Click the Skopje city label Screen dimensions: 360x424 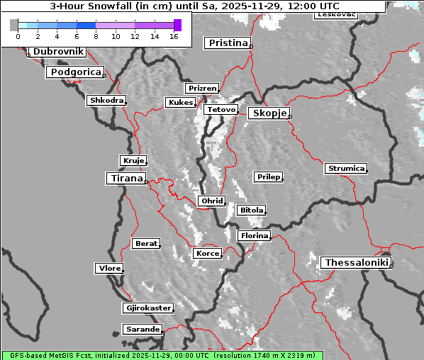coord(269,113)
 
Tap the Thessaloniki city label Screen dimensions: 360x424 coord(356,263)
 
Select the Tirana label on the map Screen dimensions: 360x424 coord(125,179)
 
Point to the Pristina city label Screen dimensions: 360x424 coord(228,43)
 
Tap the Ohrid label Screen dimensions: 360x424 coord(211,201)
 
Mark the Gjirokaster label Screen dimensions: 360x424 coord(147,308)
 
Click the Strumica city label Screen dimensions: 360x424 coord(346,169)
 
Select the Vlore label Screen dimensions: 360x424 coord(109,268)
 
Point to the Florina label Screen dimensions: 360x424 coord(254,235)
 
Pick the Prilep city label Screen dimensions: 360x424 coord(268,176)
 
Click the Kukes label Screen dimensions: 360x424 coord(180,103)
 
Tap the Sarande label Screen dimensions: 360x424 coord(142,330)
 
